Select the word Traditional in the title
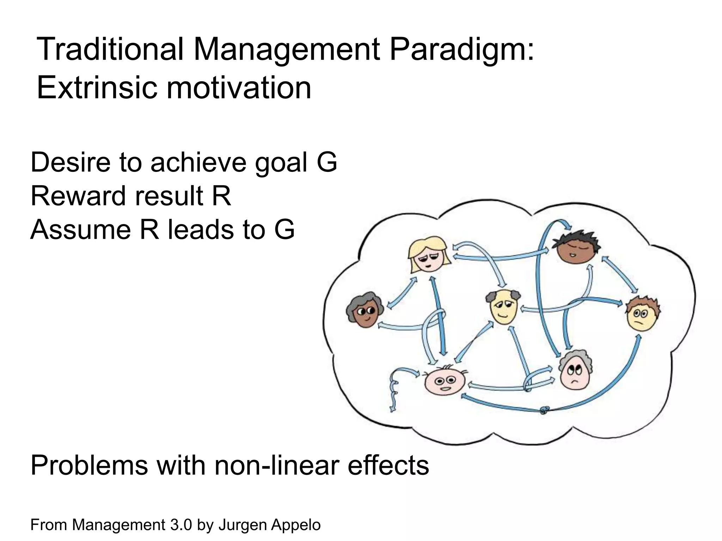click(110, 49)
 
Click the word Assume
click(80, 229)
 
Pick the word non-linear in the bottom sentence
click(278, 465)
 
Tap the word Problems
click(89, 465)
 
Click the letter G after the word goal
click(327, 162)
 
